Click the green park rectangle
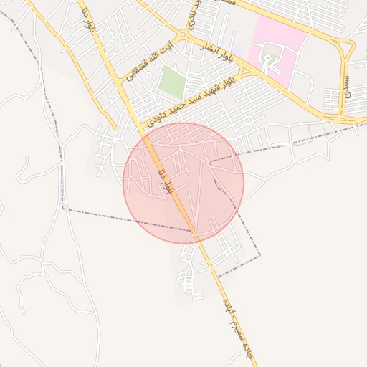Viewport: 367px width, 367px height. [x=171, y=82]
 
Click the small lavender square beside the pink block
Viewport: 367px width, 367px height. [x=238, y=51]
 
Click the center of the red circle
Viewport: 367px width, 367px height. [x=183, y=183]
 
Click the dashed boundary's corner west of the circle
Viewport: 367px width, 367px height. [x=63, y=209]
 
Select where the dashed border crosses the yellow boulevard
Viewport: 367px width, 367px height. [x=194, y=232]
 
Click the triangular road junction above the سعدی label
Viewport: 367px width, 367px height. [x=348, y=49]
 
